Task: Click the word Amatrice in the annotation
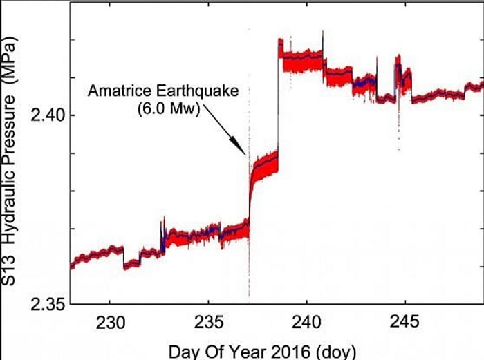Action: (115, 91)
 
